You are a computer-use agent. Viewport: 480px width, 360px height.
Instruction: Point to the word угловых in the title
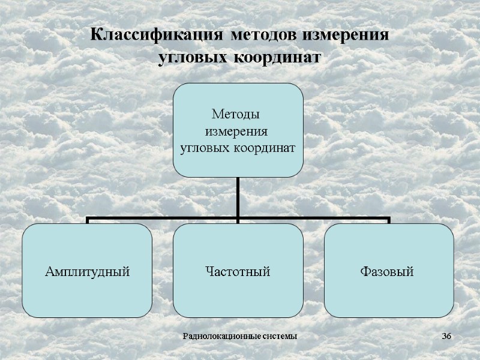[x=191, y=58]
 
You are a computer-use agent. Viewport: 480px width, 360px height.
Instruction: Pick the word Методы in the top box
[x=238, y=113]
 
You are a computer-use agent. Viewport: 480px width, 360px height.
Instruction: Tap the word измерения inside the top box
[x=238, y=130]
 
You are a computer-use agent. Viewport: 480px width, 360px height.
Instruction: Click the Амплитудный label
[x=88, y=272]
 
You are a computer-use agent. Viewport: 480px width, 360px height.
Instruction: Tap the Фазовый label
[x=387, y=272]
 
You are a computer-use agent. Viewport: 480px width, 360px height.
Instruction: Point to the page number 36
[x=446, y=335]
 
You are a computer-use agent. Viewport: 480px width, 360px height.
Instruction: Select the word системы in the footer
[x=280, y=335]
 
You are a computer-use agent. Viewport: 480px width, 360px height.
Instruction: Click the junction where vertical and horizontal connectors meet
[x=238, y=218]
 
